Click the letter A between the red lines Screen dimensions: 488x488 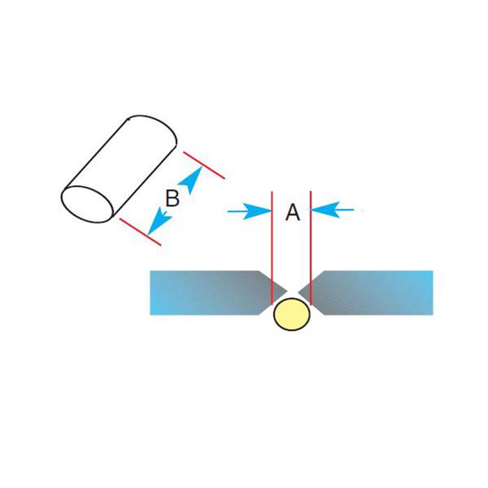click(x=293, y=213)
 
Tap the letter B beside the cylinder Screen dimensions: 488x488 click(x=172, y=199)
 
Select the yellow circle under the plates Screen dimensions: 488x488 click(x=291, y=314)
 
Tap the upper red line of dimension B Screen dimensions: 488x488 click(x=203, y=164)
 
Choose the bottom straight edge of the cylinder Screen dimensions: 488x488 click(x=143, y=185)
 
